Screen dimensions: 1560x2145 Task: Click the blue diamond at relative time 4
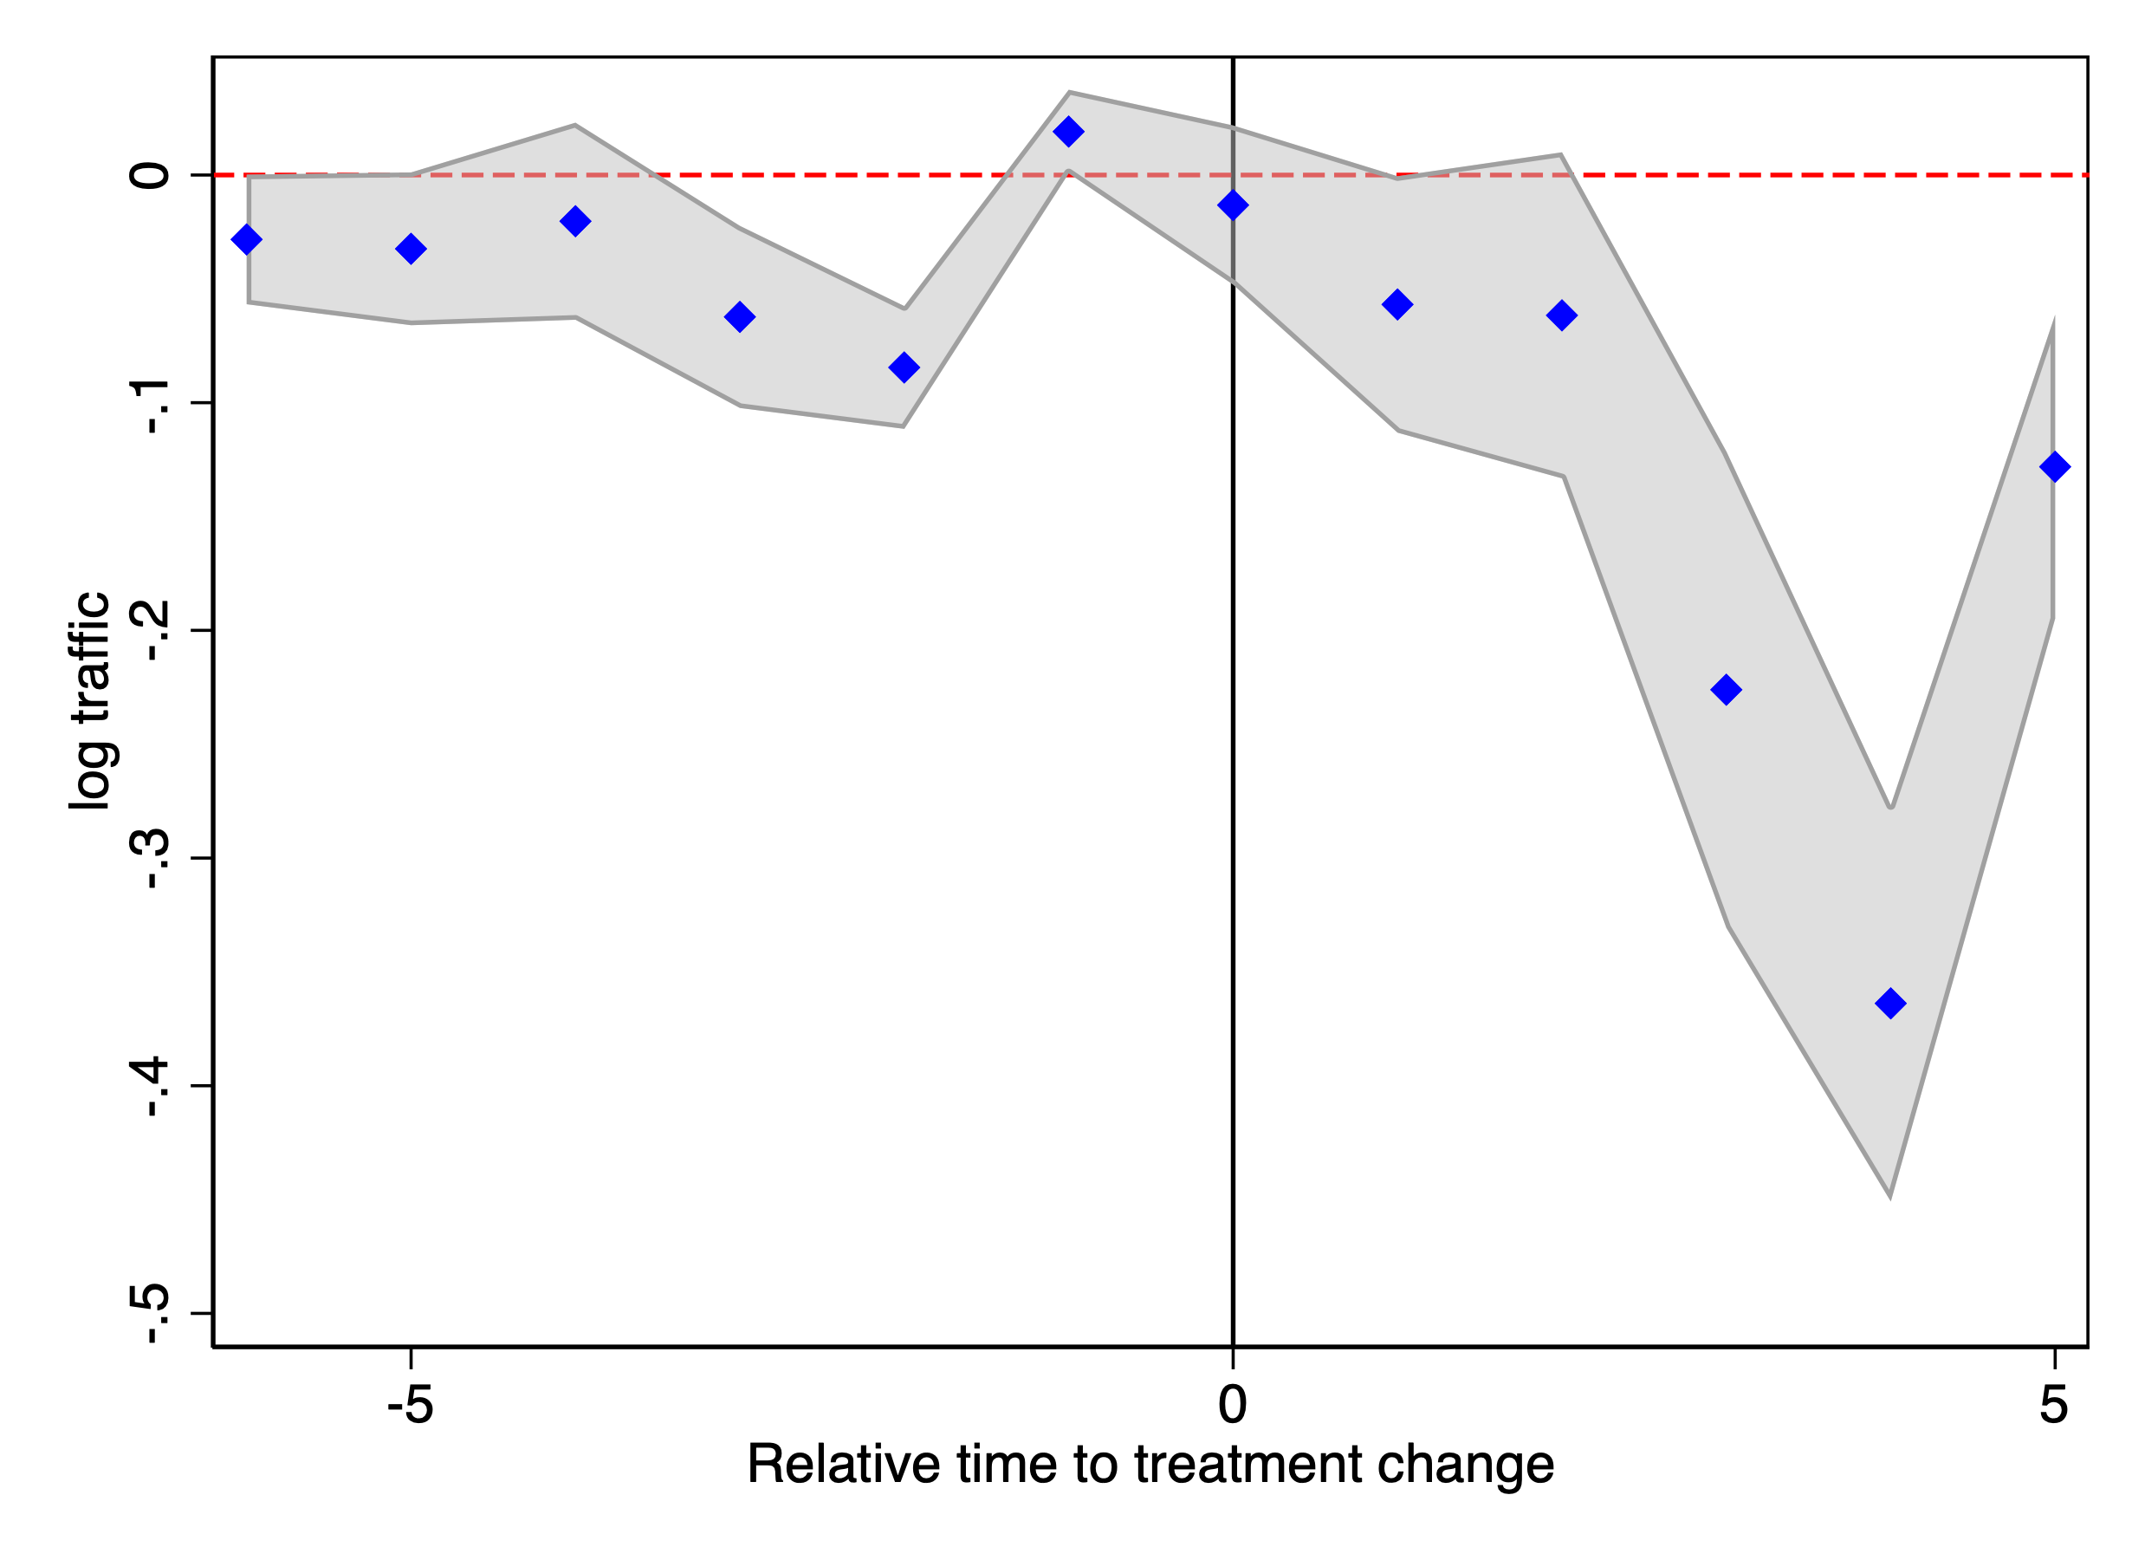(1889, 1003)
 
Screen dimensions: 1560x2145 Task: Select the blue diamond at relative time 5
(2054, 466)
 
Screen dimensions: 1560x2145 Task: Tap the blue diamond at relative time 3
(1726, 690)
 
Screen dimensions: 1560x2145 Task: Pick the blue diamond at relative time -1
(1068, 132)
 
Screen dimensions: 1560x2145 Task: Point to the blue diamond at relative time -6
(246, 239)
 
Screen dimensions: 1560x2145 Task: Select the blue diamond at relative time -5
(411, 249)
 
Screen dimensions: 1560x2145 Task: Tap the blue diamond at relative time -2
(904, 367)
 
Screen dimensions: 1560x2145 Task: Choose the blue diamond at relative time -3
(740, 317)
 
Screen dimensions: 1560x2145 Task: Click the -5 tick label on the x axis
(410, 1404)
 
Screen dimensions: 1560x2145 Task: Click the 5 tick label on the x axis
(2053, 1404)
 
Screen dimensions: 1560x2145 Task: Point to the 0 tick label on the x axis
(1232, 1404)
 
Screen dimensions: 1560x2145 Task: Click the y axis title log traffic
(90, 700)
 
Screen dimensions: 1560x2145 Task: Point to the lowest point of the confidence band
(1889, 1197)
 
